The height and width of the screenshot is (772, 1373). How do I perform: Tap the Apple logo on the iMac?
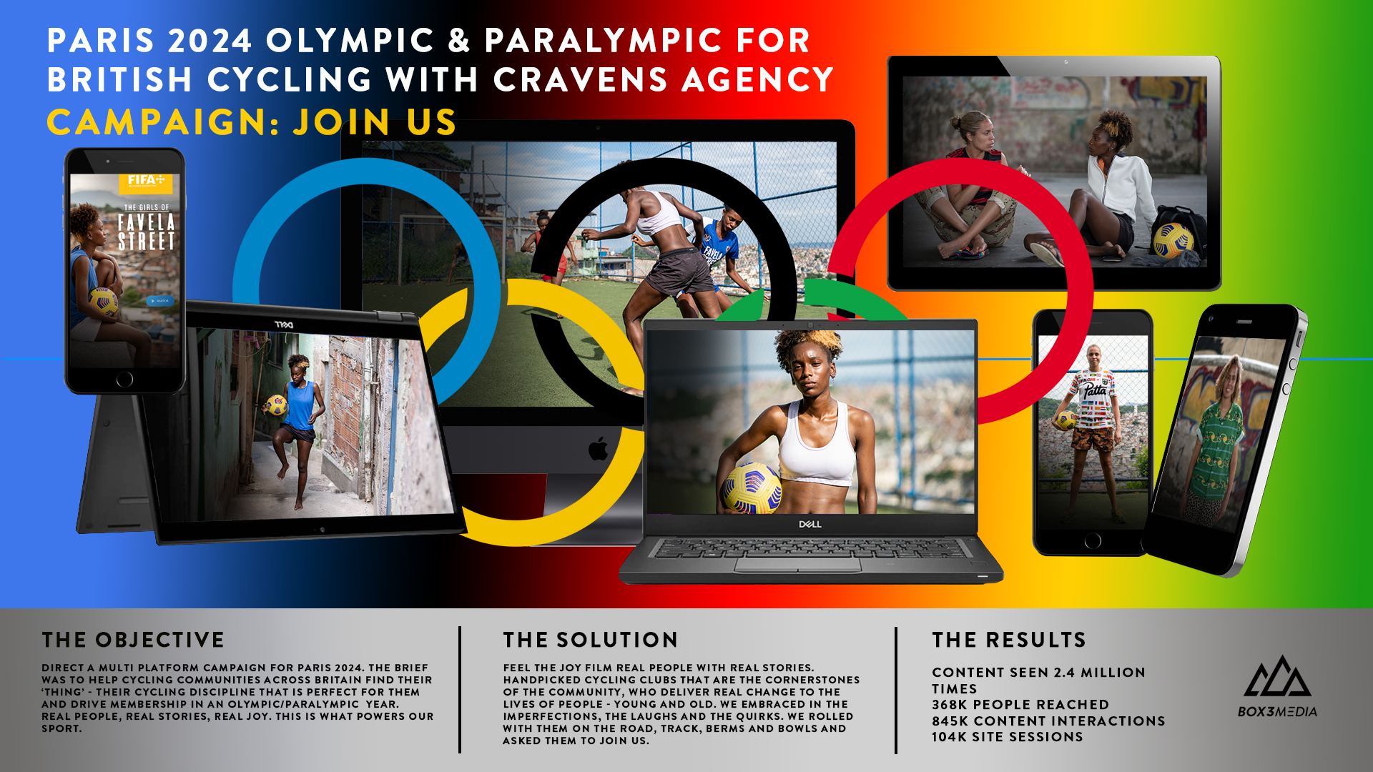click(598, 449)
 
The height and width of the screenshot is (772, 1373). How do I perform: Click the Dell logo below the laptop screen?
click(809, 524)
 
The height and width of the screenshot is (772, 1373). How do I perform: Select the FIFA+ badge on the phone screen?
click(146, 182)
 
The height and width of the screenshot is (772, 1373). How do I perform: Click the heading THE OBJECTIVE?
click(133, 640)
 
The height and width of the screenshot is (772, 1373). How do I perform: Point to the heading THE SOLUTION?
click(590, 640)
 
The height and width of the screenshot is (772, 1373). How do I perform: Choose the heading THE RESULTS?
click(1008, 640)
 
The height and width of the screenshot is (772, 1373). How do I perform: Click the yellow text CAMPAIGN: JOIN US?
click(251, 122)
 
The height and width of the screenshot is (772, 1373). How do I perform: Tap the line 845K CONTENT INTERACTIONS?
click(1048, 721)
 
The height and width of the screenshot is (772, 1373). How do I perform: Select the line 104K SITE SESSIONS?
click(1007, 736)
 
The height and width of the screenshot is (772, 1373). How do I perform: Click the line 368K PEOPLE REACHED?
click(1020, 704)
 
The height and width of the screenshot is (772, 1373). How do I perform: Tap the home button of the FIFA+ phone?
click(124, 379)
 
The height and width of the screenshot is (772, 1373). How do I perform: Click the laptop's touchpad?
click(798, 565)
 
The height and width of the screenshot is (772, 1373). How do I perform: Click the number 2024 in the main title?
click(210, 41)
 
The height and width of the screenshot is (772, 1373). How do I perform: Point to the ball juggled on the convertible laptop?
click(276, 405)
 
